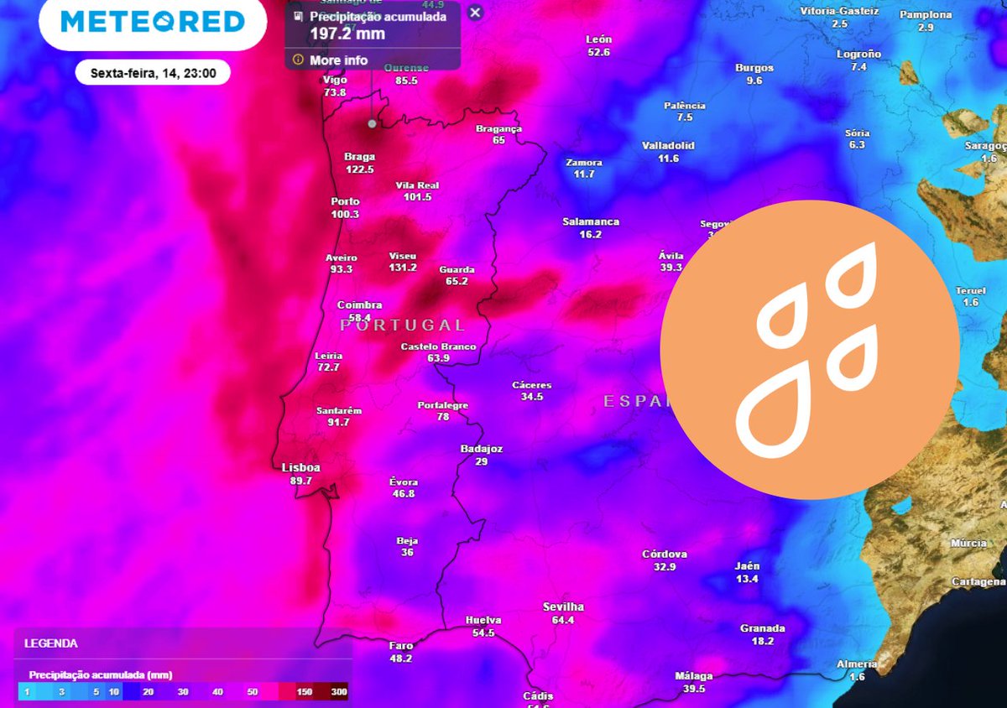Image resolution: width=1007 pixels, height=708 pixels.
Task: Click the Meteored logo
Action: (153, 22)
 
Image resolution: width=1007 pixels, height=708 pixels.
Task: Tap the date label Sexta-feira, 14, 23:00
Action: (153, 74)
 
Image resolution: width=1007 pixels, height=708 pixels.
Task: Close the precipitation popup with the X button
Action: (475, 13)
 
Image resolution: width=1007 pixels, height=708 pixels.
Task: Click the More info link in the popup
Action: (338, 60)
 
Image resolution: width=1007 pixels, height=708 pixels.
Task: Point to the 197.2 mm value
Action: (347, 34)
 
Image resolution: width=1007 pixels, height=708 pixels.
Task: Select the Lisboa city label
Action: (301, 468)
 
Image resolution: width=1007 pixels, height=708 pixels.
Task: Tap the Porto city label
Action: (345, 201)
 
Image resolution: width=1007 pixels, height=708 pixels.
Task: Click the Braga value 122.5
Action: (359, 169)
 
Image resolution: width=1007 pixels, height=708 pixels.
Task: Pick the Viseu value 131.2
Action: (403, 268)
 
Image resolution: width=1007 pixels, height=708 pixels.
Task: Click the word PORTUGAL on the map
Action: (402, 325)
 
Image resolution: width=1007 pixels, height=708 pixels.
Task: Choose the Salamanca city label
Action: (591, 222)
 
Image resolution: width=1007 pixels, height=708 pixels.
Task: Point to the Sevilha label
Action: (563, 607)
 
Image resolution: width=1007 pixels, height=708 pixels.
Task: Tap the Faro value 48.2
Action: (401, 659)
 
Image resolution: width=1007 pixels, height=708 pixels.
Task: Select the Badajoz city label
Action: (482, 449)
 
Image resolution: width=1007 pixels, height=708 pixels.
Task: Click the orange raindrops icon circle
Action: (810, 350)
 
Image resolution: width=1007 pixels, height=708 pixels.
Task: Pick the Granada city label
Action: (763, 628)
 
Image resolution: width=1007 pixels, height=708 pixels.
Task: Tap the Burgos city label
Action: (754, 68)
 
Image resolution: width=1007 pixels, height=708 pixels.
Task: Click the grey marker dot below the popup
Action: (372, 123)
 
